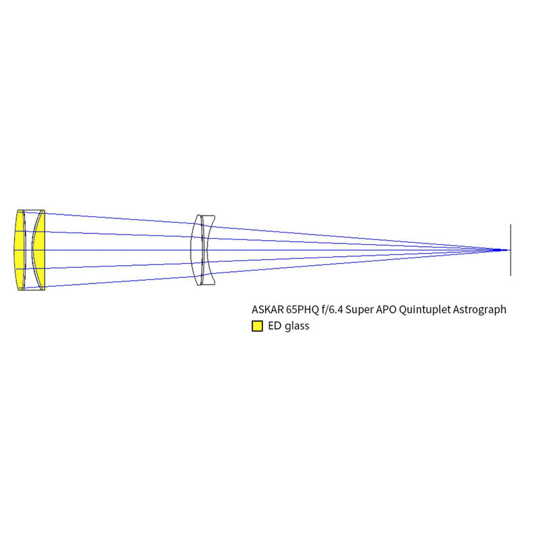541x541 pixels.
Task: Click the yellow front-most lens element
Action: pyautogui.click(x=19, y=250)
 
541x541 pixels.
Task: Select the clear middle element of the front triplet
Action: pyautogui.click(x=29, y=250)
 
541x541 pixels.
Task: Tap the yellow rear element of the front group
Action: pyautogui.click(x=39, y=250)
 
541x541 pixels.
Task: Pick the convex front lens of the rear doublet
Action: pyautogui.click(x=197, y=250)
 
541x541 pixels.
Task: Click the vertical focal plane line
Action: pyautogui.click(x=511, y=250)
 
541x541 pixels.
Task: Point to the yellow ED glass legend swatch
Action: pyautogui.click(x=258, y=326)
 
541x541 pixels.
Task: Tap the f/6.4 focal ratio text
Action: pyautogui.click(x=332, y=310)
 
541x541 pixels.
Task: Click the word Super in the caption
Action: pyautogui.click(x=359, y=310)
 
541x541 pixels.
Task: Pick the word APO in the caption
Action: pyautogui.click(x=385, y=310)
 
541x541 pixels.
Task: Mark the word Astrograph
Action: pyautogui.click(x=479, y=310)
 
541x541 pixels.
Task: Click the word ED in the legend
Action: pyautogui.click(x=275, y=326)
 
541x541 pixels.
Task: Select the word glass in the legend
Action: pyautogui.click(x=297, y=327)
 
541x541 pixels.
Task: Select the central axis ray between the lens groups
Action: pyautogui.click(x=118, y=250)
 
